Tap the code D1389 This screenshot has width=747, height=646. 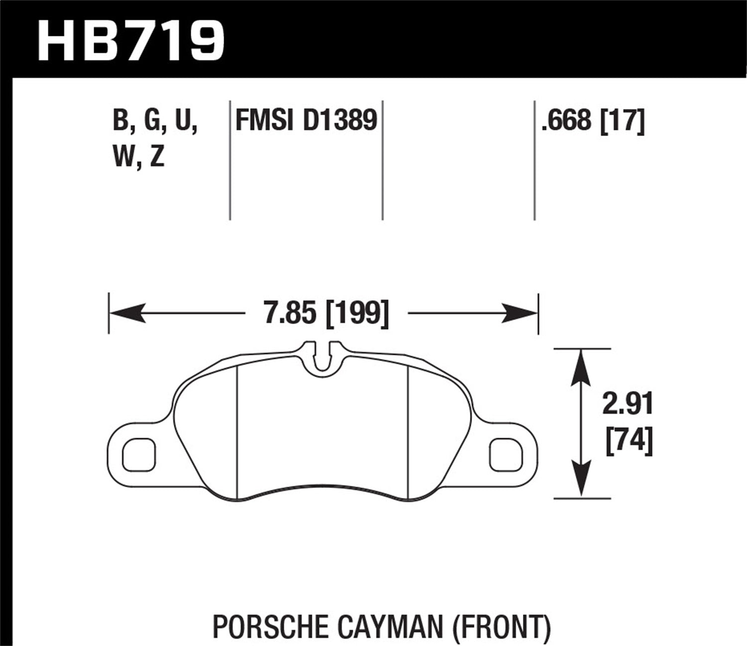click(x=340, y=121)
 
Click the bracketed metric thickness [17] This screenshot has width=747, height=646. click(x=623, y=121)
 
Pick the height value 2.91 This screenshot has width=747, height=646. click(x=627, y=404)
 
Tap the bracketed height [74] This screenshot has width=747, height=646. click(x=628, y=441)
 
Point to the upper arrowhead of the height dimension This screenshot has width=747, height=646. click(x=581, y=366)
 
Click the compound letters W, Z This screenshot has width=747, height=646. click(x=139, y=158)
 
